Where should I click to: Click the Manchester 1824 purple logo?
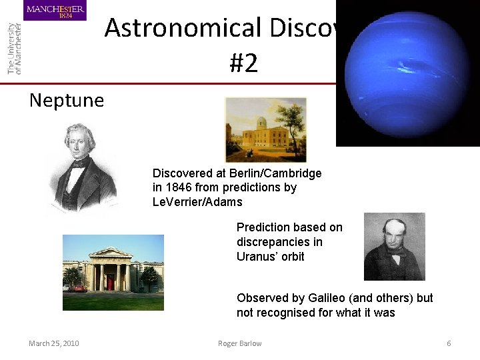point(55,10)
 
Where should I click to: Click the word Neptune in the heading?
point(67,101)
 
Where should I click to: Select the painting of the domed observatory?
point(265,129)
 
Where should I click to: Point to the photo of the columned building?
point(113,271)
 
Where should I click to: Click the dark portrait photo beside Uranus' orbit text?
point(394,247)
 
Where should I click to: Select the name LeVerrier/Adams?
point(197,201)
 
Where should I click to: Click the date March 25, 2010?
point(53,343)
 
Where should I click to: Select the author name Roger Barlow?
point(239,343)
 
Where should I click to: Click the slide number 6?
point(449,343)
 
